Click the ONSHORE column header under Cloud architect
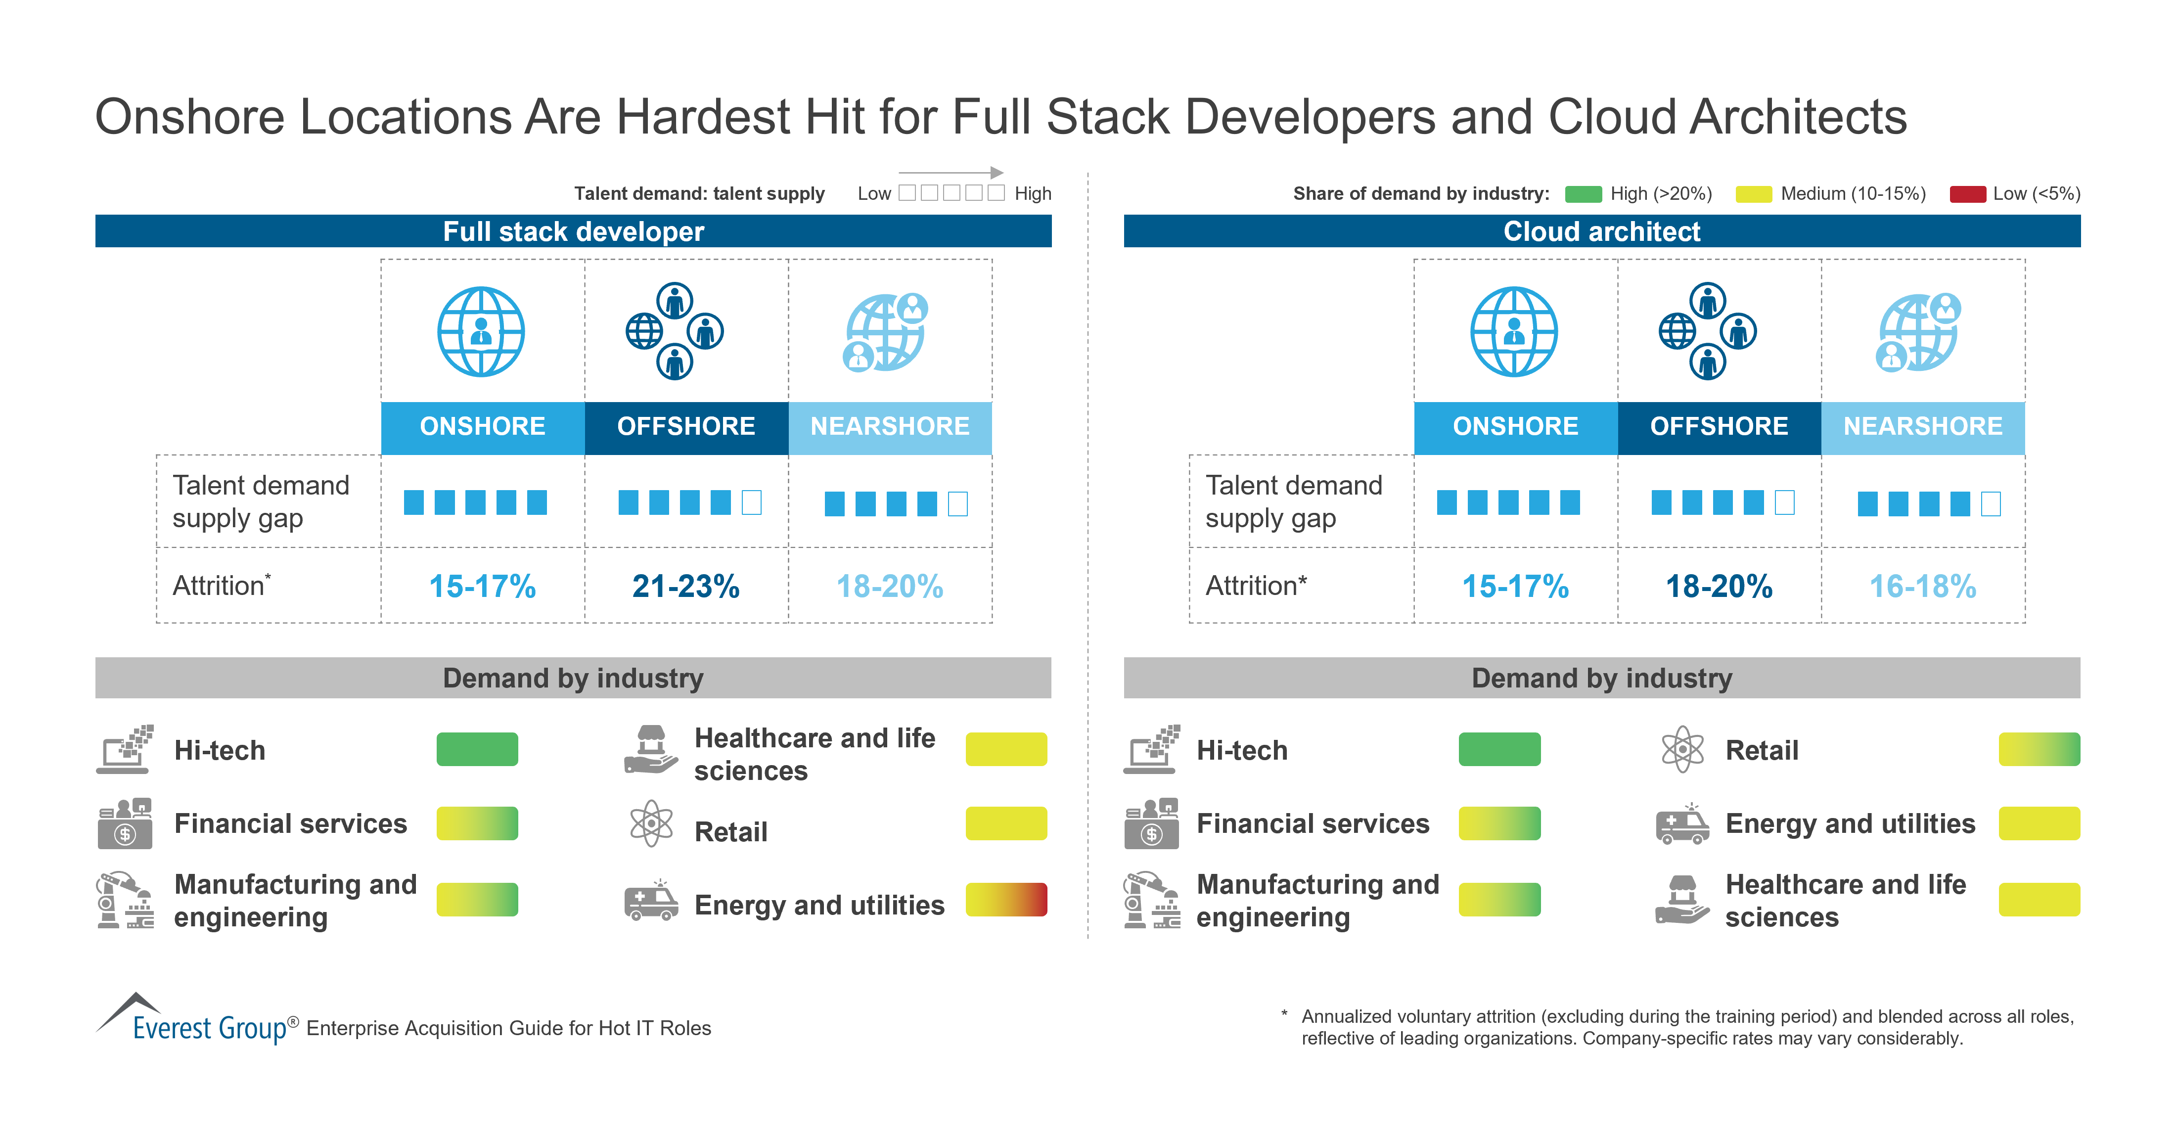tap(1515, 426)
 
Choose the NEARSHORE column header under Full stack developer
tap(890, 426)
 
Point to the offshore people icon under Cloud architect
tap(1707, 331)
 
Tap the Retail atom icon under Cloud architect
tap(1682, 749)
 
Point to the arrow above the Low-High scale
tap(951, 173)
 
